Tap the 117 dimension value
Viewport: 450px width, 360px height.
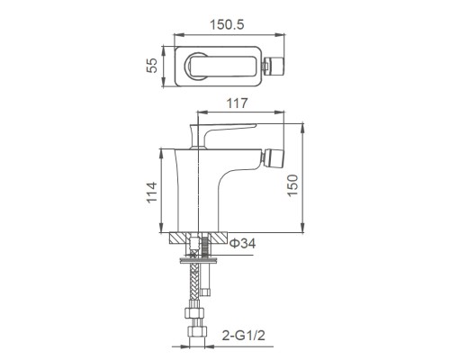pyautogui.click(x=238, y=104)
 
